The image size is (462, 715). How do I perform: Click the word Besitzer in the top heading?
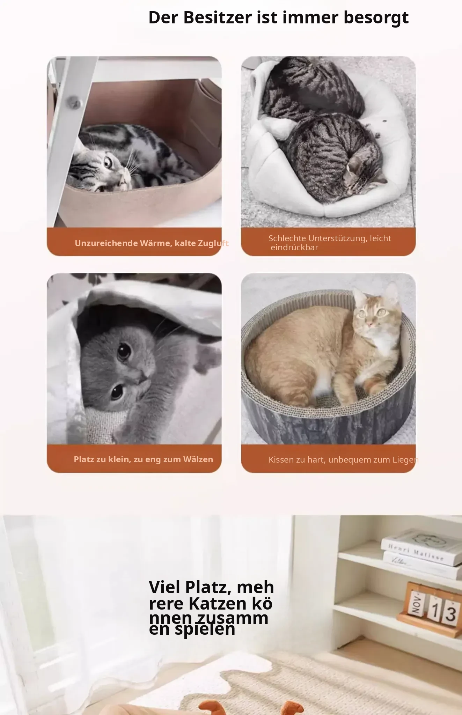point(217,17)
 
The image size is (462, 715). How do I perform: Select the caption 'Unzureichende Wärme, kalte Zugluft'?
point(152,243)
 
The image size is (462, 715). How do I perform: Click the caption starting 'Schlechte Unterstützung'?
point(330,243)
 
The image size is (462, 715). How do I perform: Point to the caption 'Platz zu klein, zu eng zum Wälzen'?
point(143,459)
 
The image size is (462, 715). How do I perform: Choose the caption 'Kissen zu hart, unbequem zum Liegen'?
point(343,459)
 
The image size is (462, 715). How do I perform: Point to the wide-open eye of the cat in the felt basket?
point(108,162)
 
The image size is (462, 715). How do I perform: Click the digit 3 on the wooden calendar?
point(450,614)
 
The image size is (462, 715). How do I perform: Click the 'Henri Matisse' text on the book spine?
point(416,552)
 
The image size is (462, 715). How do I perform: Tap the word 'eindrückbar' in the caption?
point(294,248)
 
